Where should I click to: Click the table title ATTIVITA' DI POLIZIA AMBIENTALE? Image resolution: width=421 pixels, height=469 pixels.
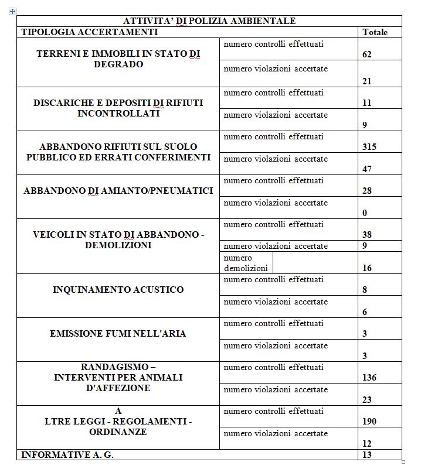[x=209, y=21]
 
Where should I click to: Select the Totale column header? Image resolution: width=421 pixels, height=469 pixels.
[x=375, y=32]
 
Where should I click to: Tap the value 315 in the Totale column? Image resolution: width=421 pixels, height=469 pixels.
[x=369, y=147]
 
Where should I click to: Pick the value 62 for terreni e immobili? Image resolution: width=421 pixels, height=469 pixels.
[x=367, y=54]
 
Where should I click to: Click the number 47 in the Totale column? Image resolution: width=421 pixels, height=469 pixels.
[x=367, y=169]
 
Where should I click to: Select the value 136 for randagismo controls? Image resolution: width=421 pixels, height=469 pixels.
[x=369, y=378]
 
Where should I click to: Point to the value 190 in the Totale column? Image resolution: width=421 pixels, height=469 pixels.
[x=369, y=422]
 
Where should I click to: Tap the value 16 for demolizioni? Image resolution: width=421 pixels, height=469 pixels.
[x=367, y=268]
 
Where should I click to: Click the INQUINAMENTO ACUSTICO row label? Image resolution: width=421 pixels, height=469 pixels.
[x=118, y=290]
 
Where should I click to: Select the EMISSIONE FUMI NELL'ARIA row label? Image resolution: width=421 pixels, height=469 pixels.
[x=118, y=334]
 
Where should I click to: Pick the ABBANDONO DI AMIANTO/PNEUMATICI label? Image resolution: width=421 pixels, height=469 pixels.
[x=118, y=191]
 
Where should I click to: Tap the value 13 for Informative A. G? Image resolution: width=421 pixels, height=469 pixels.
[x=367, y=455]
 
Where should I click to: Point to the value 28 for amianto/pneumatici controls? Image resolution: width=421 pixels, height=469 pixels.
[x=367, y=191]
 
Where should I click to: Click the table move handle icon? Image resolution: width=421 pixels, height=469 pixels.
[x=12, y=11]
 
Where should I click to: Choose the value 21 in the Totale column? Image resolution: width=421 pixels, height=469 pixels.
[x=367, y=81]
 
